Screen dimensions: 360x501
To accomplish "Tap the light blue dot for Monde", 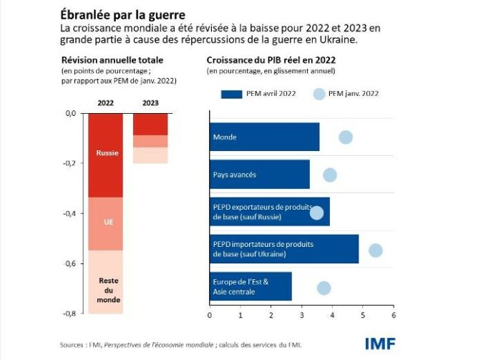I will click(346, 137).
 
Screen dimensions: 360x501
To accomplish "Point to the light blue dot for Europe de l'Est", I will click(324, 288).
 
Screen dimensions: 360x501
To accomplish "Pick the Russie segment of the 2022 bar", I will click(106, 154).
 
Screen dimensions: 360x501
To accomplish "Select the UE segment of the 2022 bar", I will click(106, 223).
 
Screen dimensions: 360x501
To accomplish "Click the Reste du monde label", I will click(107, 290).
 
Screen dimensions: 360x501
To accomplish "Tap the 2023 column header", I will click(150, 103).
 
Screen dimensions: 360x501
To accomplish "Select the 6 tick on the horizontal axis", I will click(393, 315).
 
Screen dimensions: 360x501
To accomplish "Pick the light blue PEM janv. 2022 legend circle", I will click(320, 94).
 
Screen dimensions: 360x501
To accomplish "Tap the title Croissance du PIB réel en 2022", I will click(271, 61).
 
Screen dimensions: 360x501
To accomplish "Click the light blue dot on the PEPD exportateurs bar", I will click(316, 213).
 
